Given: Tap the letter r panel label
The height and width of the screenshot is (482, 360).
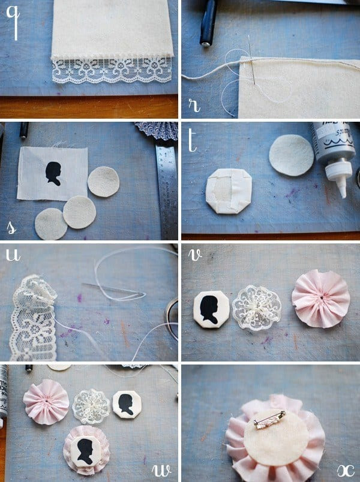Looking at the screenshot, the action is click(194, 106).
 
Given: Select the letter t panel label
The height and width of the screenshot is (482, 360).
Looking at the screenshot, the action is click(193, 140).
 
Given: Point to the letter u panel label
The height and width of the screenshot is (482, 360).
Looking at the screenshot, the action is click(13, 255).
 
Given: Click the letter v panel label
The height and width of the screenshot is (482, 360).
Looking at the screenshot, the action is click(195, 255).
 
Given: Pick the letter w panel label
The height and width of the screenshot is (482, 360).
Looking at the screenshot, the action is click(161, 471).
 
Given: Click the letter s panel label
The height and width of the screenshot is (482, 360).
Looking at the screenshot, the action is click(11, 227).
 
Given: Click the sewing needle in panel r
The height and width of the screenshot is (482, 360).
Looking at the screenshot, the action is click(251, 59).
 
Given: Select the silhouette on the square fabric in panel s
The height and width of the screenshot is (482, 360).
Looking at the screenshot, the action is click(53, 173).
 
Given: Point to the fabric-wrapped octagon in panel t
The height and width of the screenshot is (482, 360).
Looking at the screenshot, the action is click(229, 191).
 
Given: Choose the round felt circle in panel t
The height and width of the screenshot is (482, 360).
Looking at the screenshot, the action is click(292, 155).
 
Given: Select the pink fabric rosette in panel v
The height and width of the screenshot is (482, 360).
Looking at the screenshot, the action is click(320, 299).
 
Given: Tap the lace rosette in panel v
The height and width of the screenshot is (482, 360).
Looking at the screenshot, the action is click(256, 308).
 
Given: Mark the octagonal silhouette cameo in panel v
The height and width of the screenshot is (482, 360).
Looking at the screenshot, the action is click(211, 309).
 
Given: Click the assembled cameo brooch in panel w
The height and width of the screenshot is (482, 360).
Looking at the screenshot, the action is click(87, 450).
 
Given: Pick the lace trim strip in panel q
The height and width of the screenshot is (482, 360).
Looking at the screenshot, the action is click(112, 70).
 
